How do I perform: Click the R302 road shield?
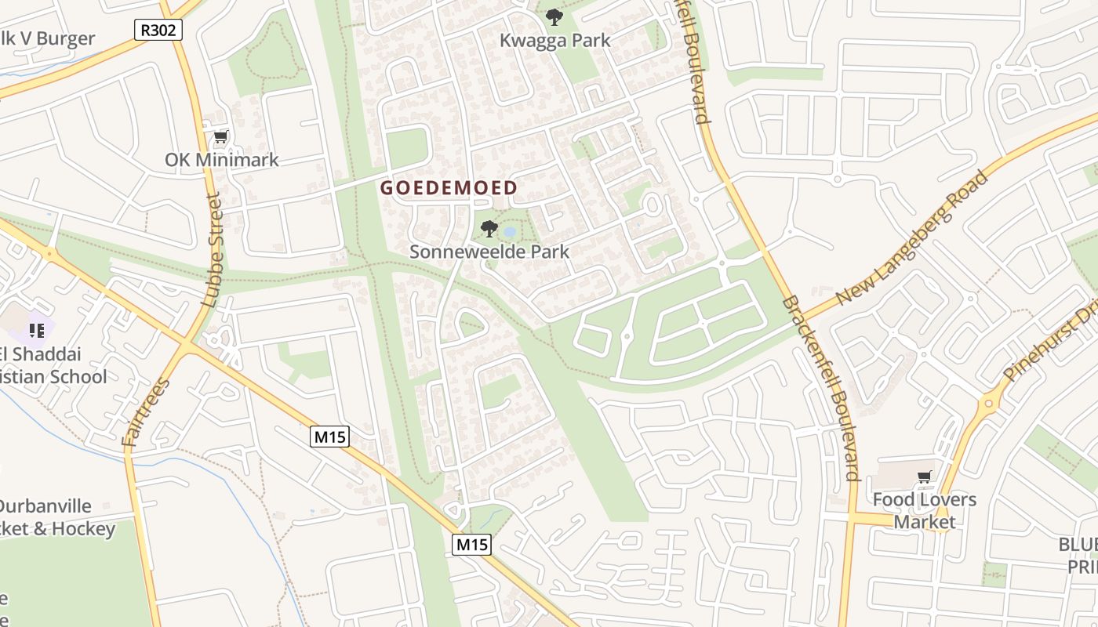pyautogui.click(x=158, y=31)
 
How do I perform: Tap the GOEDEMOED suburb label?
pyautogui.click(x=449, y=188)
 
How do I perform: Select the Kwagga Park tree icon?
pyautogui.click(x=554, y=16)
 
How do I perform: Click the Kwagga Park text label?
pyautogui.click(x=554, y=41)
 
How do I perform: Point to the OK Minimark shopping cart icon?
pyautogui.click(x=220, y=137)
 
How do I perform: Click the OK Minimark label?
pyautogui.click(x=221, y=160)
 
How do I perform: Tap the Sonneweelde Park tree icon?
pyautogui.click(x=489, y=229)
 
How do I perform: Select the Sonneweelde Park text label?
pyautogui.click(x=489, y=252)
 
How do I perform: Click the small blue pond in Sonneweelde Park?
pyautogui.click(x=509, y=232)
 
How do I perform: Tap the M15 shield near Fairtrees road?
pyautogui.click(x=330, y=437)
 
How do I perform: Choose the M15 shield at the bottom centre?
pyautogui.click(x=471, y=545)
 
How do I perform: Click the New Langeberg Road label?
pyautogui.click(x=911, y=238)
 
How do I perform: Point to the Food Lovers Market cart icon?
pyautogui.click(x=925, y=477)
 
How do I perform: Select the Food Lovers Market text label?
pyautogui.click(x=925, y=510)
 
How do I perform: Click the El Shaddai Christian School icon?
pyautogui.click(x=36, y=331)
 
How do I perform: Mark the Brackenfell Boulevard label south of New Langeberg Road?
pyautogui.click(x=820, y=388)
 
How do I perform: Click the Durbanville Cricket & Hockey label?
pyautogui.click(x=51, y=517)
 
